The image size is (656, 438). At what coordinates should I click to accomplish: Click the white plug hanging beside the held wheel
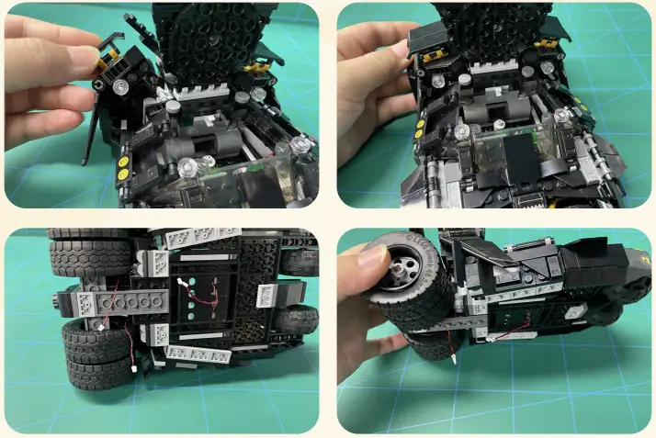click(x=453, y=350)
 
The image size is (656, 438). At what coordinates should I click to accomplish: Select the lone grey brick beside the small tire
click(x=269, y=294)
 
